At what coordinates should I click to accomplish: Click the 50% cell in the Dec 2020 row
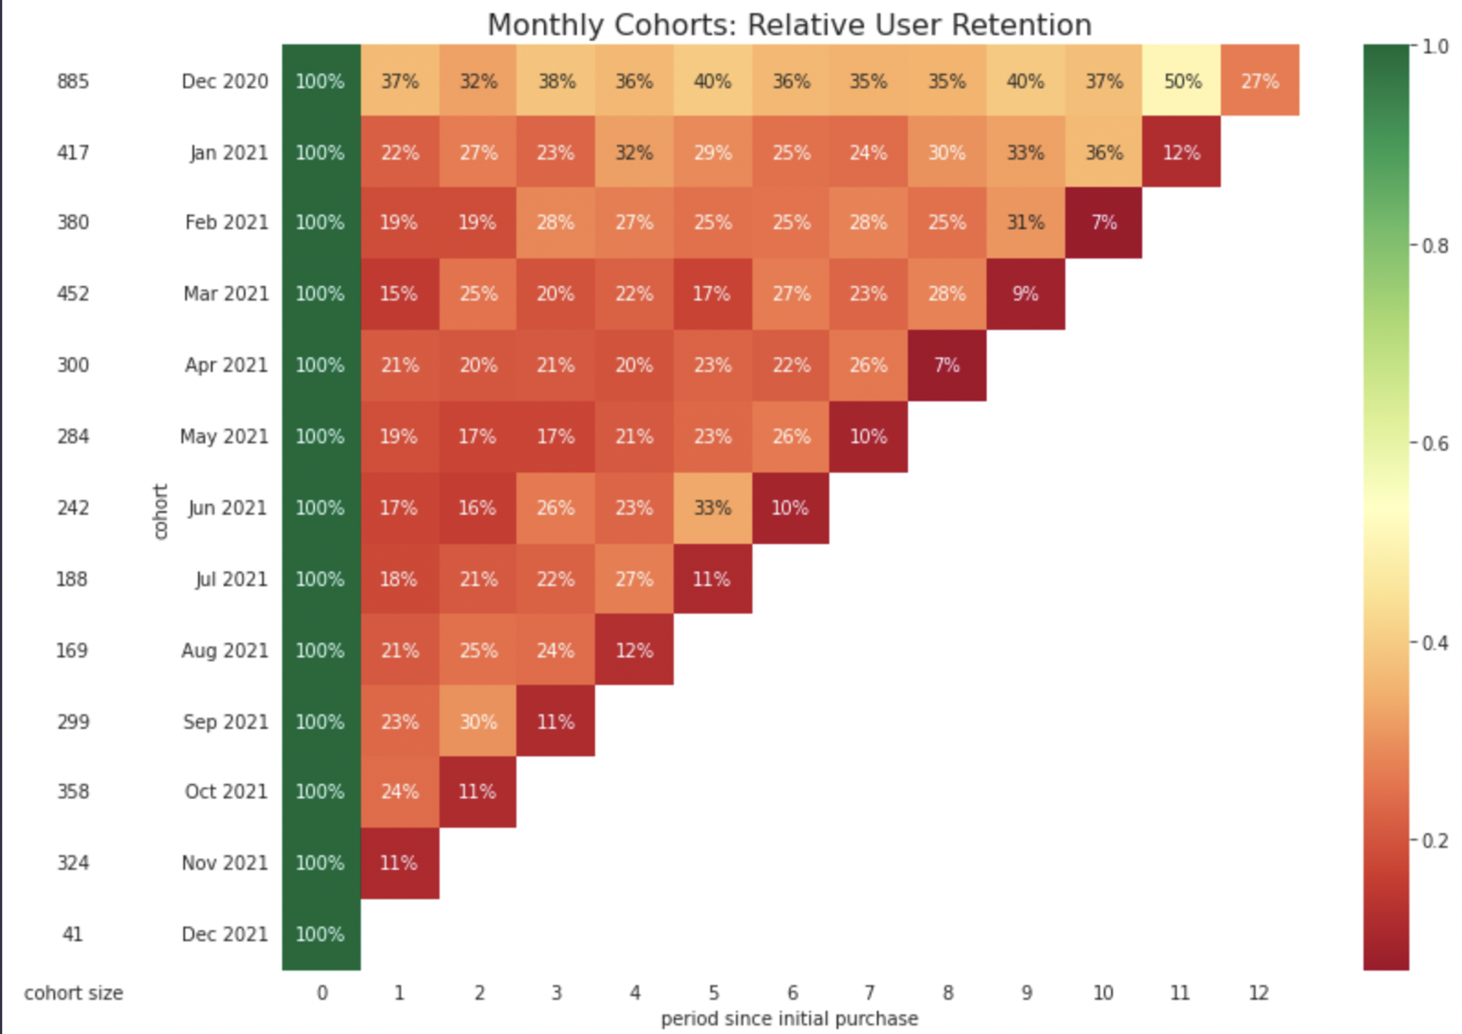click(x=1181, y=80)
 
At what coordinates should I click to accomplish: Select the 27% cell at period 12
click(x=1260, y=80)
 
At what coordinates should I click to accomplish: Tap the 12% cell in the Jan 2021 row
click(x=1181, y=152)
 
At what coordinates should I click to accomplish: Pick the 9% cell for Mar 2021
click(x=1025, y=293)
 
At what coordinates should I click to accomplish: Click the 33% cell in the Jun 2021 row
click(x=712, y=507)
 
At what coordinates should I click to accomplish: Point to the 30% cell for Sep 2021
click(x=478, y=722)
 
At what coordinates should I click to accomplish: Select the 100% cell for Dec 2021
click(x=320, y=934)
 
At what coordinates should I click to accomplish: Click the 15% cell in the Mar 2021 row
click(x=399, y=293)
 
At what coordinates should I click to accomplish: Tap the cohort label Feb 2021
click(x=226, y=222)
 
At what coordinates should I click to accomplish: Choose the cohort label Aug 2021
click(x=224, y=650)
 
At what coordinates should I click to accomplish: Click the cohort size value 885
click(x=73, y=80)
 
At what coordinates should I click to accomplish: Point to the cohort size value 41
click(x=72, y=934)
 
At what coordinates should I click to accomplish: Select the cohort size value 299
click(x=73, y=722)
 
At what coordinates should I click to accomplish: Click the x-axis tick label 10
click(x=1103, y=992)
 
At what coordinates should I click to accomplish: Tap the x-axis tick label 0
click(x=322, y=992)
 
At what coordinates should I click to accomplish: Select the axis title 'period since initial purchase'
click(x=789, y=1019)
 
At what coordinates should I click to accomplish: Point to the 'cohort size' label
click(x=73, y=992)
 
